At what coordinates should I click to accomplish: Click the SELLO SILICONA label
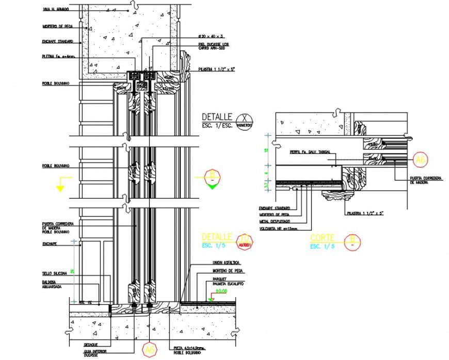54,273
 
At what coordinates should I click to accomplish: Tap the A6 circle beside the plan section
421,160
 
